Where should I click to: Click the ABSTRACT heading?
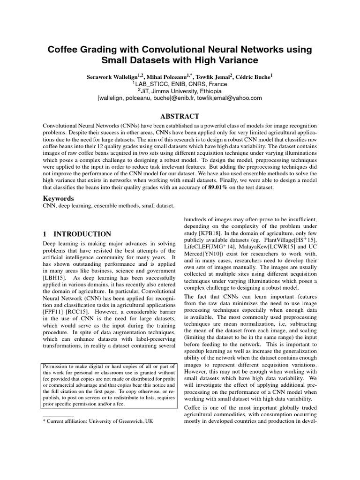pyautogui.click(x=180, y=116)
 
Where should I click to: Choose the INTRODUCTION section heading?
pyautogui.click(x=82, y=234)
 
